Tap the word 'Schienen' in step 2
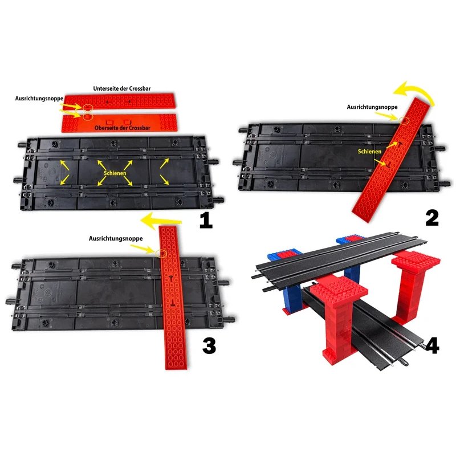[x=370, y=152]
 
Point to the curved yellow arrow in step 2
[x=415, y=93]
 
